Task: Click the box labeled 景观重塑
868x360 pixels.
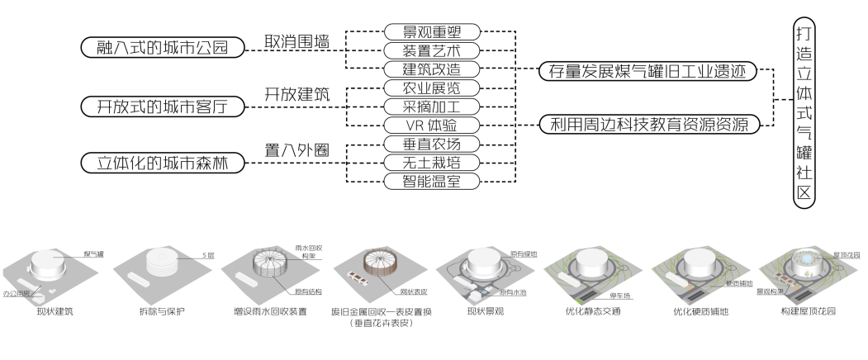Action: (432, 32)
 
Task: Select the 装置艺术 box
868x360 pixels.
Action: (432, 51)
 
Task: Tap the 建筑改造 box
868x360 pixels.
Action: (432, 69)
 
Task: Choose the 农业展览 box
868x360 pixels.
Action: (432, 88)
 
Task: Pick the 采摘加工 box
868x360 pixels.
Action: (432, 107)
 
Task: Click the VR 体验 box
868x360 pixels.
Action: (432, 126)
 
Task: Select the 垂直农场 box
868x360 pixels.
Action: (432, 144)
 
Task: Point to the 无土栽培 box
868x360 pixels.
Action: (432, 163)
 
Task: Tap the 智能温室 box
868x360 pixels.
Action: (432, 181)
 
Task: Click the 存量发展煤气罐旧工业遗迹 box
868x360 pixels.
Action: (647, 72)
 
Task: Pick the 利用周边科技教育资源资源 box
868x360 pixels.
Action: (647, 126)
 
